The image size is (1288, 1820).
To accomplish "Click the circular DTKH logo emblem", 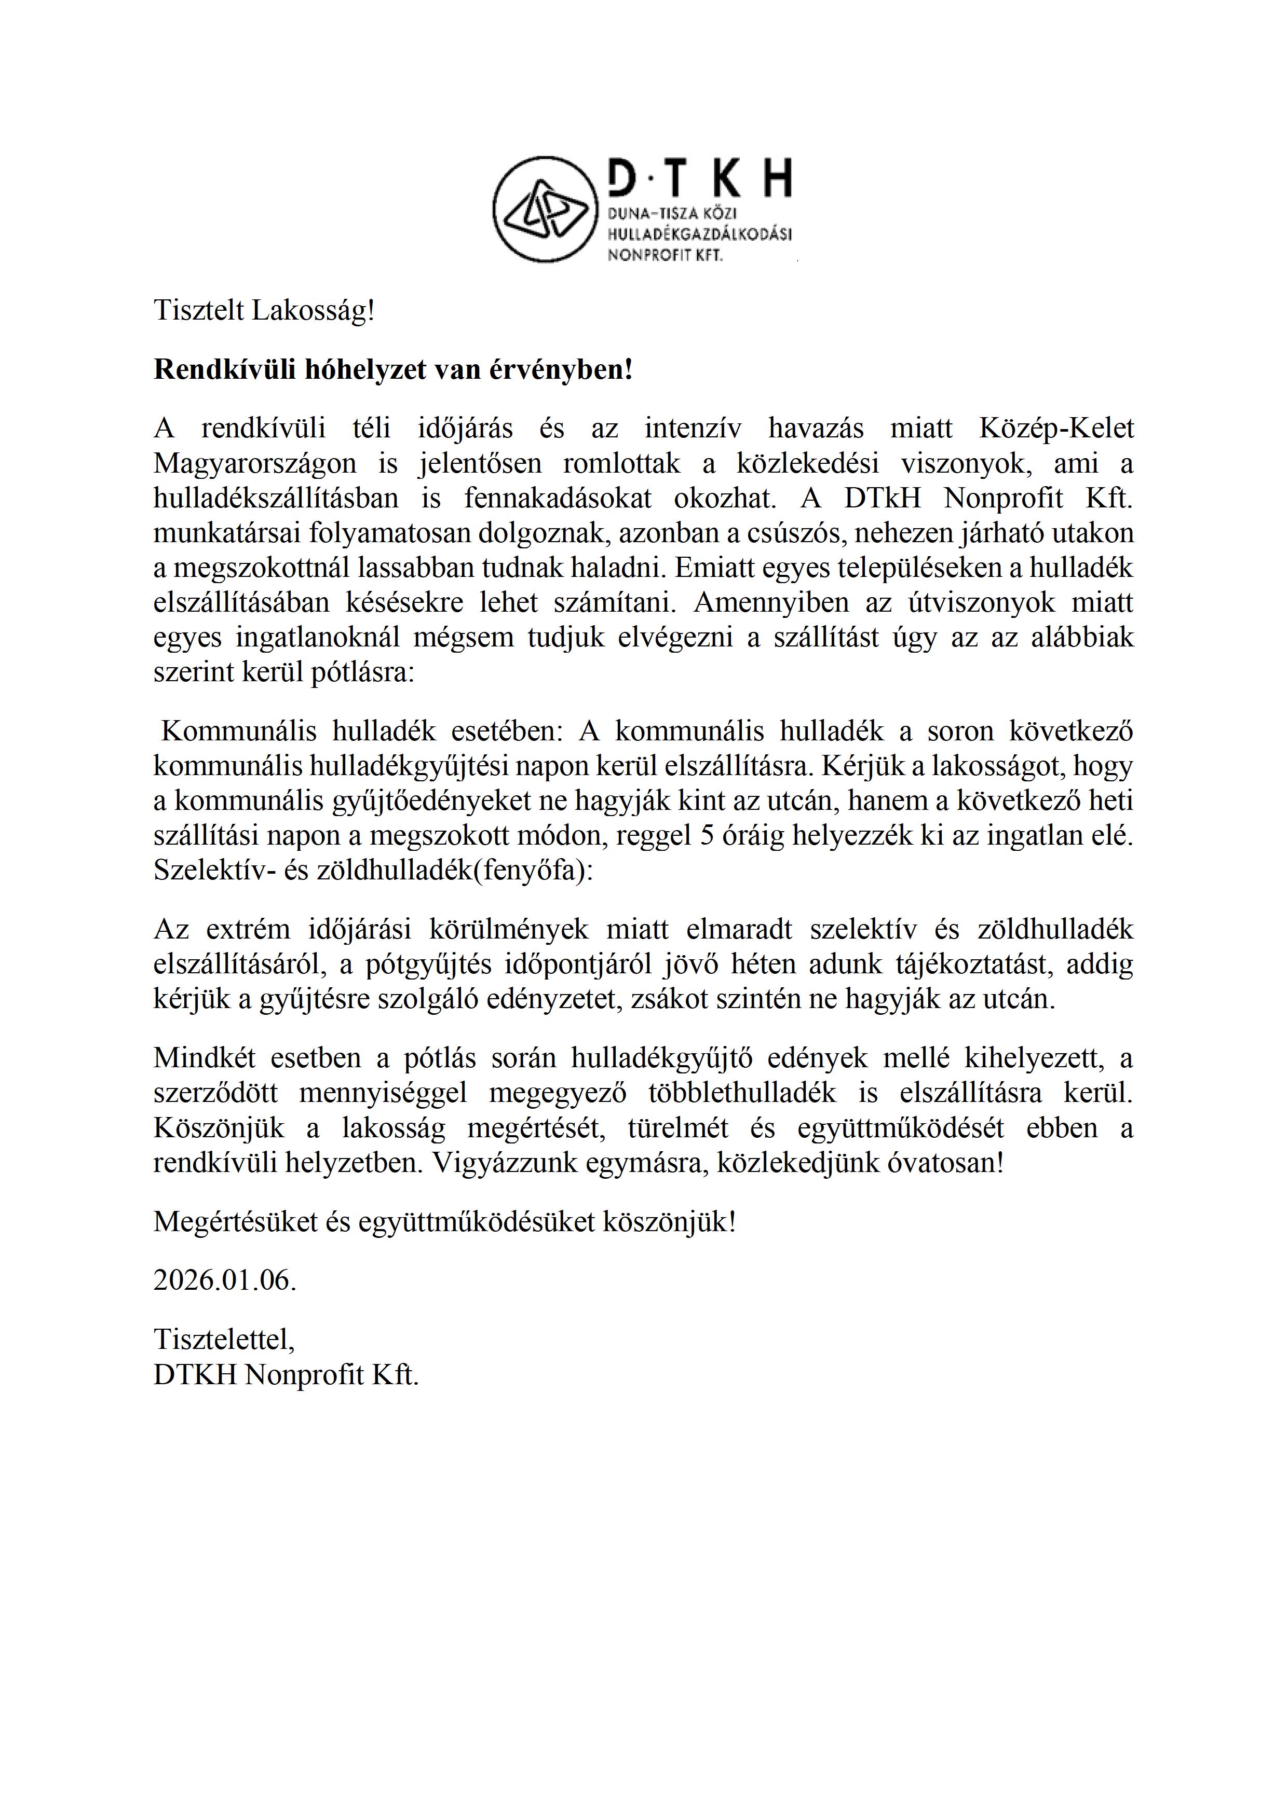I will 545,209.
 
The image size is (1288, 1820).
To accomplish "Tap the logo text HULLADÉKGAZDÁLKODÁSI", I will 699,235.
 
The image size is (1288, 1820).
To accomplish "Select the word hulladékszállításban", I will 275,498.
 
